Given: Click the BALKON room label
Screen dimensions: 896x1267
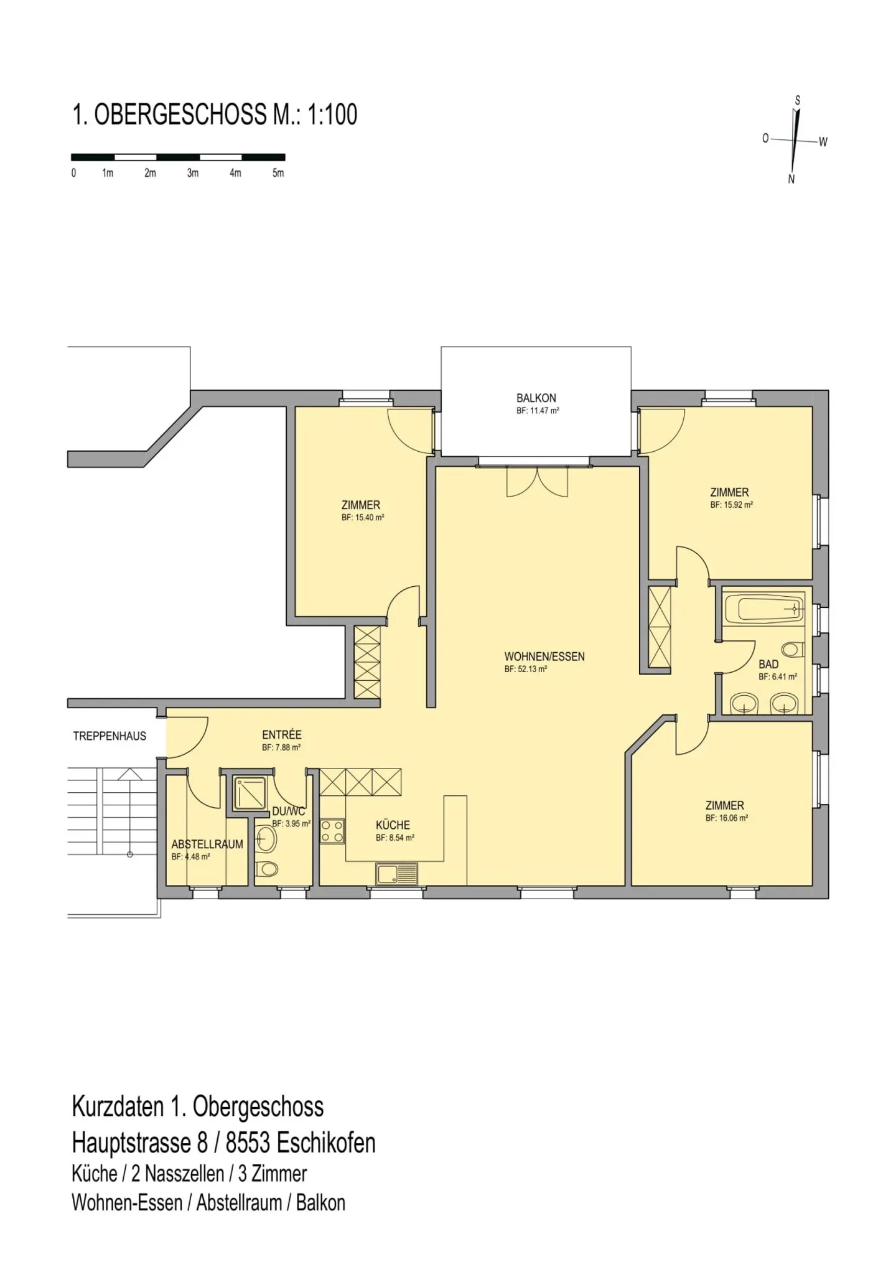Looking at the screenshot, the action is pyautogui.click(x=536, y=398).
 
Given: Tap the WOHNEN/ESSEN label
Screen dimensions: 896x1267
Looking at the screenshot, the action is pyautogui.click(x=544, y=657).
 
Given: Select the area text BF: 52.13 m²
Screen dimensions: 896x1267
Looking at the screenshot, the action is pyautogui.click(x=526, y=670).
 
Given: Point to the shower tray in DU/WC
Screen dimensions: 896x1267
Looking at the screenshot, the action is pyautogui.click(x=250, y=792).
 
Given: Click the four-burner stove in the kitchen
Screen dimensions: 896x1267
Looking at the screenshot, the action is pyautogui.click(x=332, y=831).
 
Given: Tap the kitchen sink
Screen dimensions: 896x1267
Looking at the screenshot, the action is pyautogui.click(x=397, y=874).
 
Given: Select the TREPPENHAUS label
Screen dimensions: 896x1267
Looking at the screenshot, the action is pyautogui.click(x=110, y=736).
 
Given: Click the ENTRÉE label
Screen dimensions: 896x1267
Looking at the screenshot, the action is pyautogui.click(x=282, y=735).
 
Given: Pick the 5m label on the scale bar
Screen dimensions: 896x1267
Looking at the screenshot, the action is pyautogui.click(x=278, y=173).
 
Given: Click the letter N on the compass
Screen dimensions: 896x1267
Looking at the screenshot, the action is pyautogui.click(x=791, y=179).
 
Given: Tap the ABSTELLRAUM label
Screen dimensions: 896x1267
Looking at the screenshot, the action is pyautogui.click(x=207, y=844).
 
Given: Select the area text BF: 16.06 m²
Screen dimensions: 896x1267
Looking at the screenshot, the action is pyautogui.click(x=727, y=818).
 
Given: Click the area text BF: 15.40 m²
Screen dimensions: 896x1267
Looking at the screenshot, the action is pyautogui.click(x=363, y=518).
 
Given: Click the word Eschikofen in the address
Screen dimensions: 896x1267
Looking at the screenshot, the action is pyautogui.click(x=326, y=1143).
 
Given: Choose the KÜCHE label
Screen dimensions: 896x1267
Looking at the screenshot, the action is pyautogui.click(x=393, y=825).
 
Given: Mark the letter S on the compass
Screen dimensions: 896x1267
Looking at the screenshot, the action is pyautogui.click(x=798, y=101).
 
